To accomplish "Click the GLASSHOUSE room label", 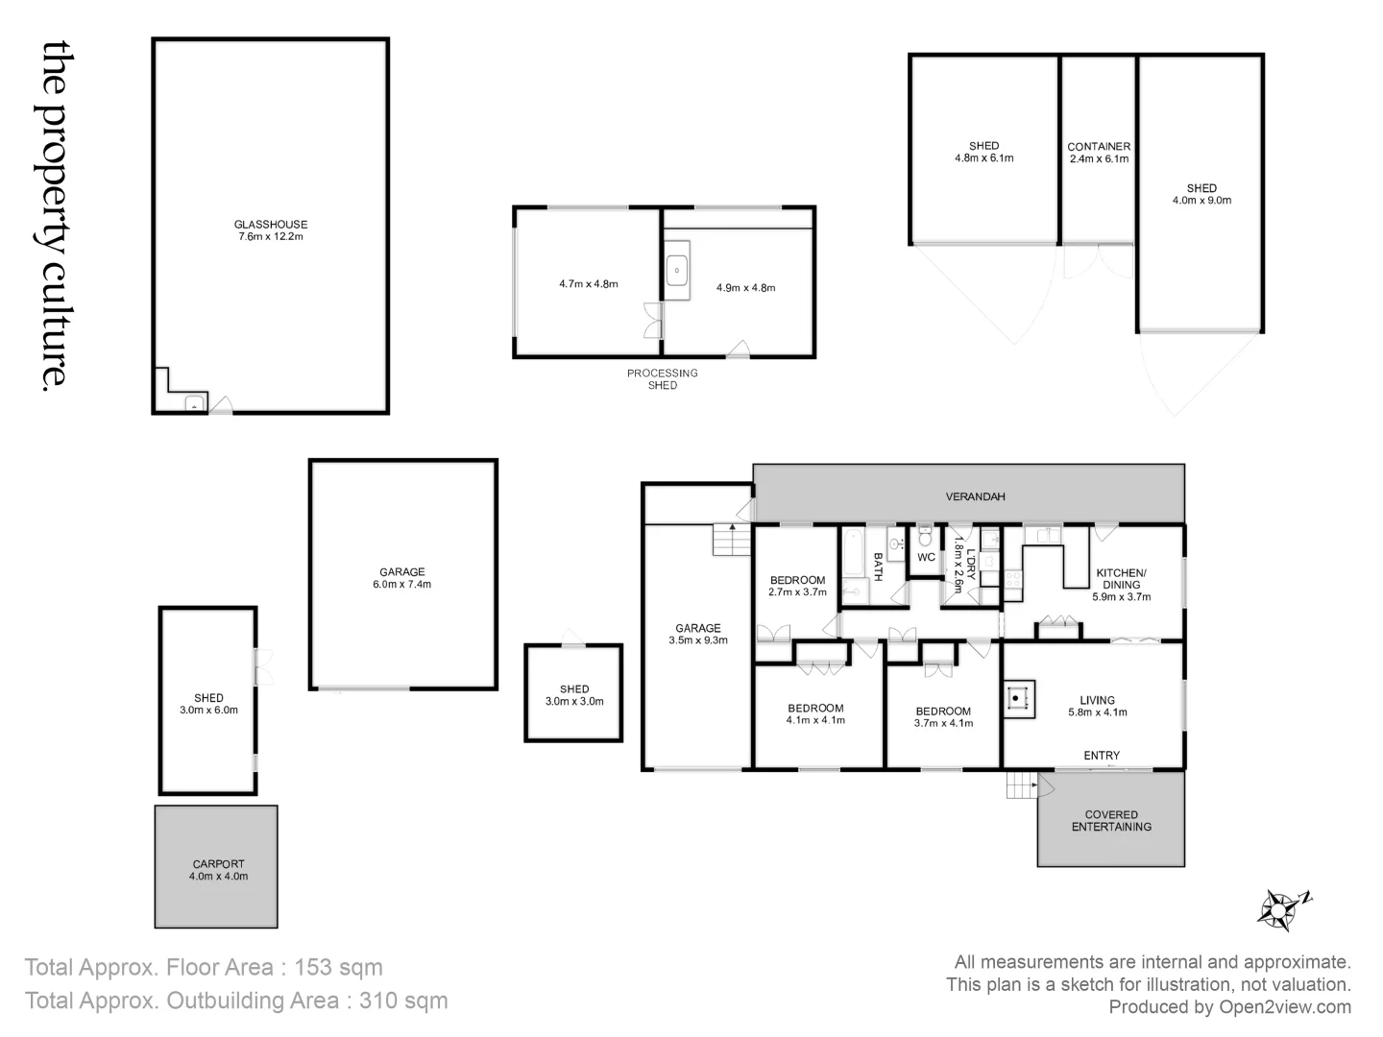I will point(271,225).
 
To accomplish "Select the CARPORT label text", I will point(218,864).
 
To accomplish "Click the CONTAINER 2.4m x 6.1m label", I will point(1099,153).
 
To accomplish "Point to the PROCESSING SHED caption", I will point(663,379).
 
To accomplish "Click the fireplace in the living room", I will point(1019,699).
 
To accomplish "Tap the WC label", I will point(926,557).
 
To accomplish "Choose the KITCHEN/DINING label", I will point(1121,579).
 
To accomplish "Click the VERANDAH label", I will point(975,496).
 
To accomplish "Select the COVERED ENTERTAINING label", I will point(1111,821).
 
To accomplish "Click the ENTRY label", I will point(1102,756).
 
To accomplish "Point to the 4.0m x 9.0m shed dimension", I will point(1201,201).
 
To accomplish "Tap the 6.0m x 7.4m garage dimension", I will point(401,584).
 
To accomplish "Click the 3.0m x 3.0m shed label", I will point(574,695).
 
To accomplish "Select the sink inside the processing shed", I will point(677,271).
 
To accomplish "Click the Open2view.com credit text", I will point(1285,1007).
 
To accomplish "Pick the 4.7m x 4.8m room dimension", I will point(588,284).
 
